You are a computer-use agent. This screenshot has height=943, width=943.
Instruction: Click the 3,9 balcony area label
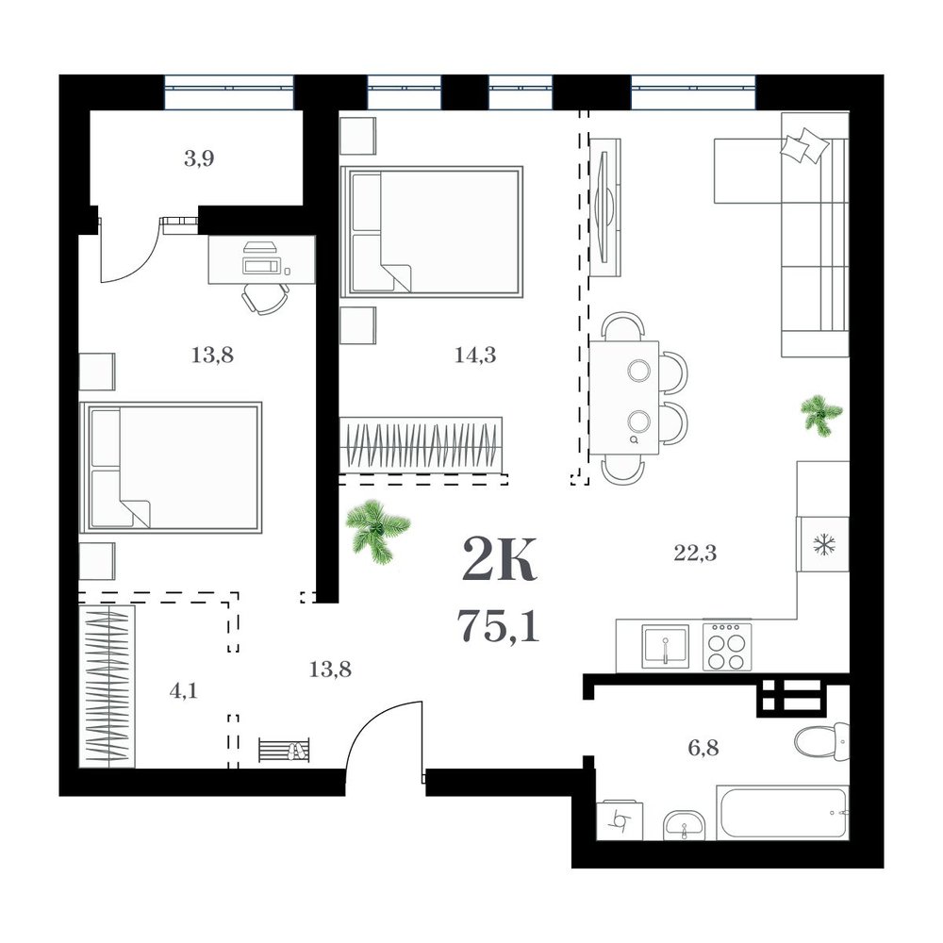pos(199,159)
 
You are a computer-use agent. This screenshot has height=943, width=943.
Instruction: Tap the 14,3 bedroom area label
pos(475,356)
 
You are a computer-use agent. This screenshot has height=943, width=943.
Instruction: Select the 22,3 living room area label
pos(695,553)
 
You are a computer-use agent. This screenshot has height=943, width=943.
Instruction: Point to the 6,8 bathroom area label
pos(703,749)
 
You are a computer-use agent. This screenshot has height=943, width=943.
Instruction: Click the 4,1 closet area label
pos(184,691)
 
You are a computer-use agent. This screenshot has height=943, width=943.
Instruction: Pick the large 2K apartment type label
pos(499,560)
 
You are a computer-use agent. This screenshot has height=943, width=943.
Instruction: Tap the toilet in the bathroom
pos(821,741)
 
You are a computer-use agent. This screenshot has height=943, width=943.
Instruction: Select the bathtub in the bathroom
pos(783,812)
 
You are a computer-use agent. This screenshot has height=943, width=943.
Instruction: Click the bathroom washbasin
pos(685,825)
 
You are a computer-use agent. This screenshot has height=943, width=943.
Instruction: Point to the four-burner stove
pos(726,646)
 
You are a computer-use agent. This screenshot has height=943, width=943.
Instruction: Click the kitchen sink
pos(665,646)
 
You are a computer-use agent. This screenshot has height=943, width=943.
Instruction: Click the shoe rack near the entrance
pos(285,750)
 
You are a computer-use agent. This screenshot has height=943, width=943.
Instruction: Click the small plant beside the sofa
pos(821,414)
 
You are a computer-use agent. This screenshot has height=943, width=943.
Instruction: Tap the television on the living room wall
pos(604,207)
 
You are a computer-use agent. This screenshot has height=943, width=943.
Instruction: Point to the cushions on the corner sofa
pos(804,145)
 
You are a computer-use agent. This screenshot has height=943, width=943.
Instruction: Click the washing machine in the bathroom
pos(619,819)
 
